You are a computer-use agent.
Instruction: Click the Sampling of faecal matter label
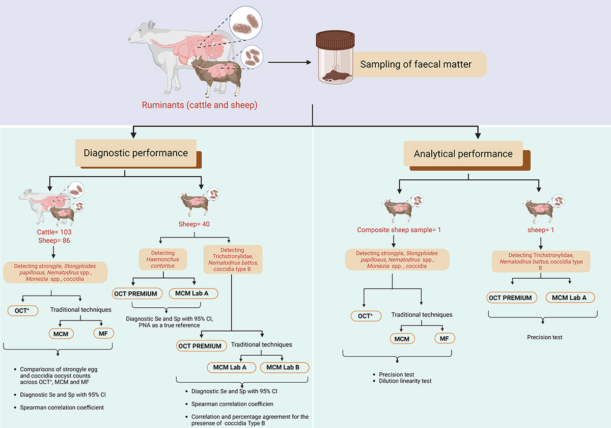coord(415,65)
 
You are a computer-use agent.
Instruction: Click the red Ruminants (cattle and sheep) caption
coord(200,105)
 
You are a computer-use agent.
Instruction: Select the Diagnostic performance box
coord(135,153)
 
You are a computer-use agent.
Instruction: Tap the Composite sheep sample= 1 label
coord(399,230)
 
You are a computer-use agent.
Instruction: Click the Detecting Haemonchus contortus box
coord(163,260)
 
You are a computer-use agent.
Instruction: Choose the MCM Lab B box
coord(284,367)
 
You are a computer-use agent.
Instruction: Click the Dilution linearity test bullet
coord(405,381)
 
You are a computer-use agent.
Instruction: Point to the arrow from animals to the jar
coord(289,63)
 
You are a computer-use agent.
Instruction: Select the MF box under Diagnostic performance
coord(103,334)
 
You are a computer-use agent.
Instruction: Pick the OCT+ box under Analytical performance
coord(366,316)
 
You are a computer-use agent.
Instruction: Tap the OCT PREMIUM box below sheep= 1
coord(510,298)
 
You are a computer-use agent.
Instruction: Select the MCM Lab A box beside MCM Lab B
coord(230,367)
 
